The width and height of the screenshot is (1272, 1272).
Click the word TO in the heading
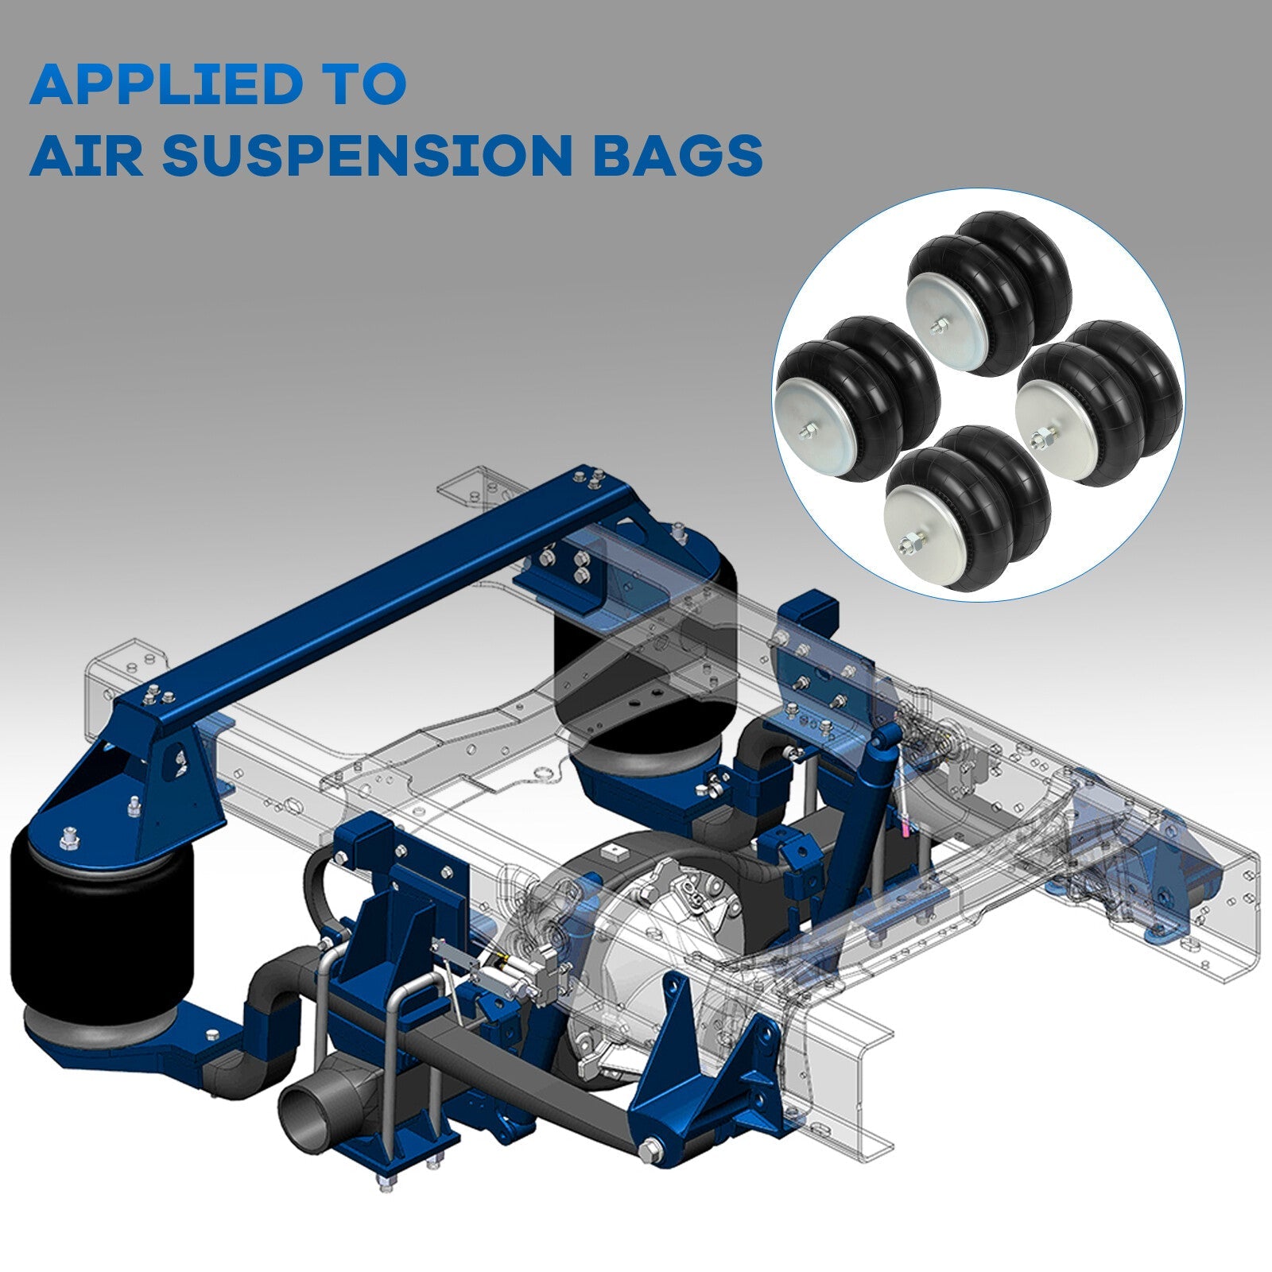370,85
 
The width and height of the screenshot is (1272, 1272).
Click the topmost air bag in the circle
990,294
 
